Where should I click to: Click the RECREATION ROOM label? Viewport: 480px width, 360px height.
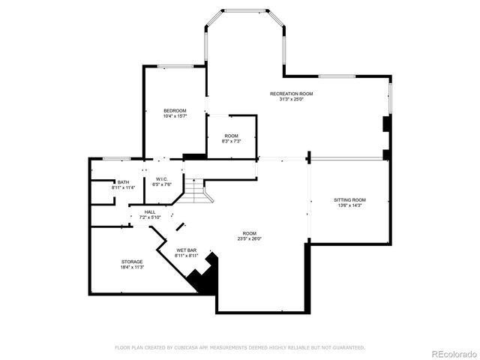[292, 94]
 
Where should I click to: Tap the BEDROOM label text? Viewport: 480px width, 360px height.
[175, 111]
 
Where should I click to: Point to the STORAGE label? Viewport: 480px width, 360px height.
[132, 262]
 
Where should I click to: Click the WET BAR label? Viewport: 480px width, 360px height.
[187, 250]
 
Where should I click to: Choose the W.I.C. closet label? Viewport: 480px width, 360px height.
[161, 179]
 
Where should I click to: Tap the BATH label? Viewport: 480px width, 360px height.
[122, 182]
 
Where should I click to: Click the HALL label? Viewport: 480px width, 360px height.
[150, 212]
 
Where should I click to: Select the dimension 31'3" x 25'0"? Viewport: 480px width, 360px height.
[292, 99]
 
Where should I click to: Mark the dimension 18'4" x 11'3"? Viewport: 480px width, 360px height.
[132, 267]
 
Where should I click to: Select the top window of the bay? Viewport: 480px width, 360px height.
[245, 10]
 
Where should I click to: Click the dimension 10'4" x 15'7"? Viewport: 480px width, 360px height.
[175, 116]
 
